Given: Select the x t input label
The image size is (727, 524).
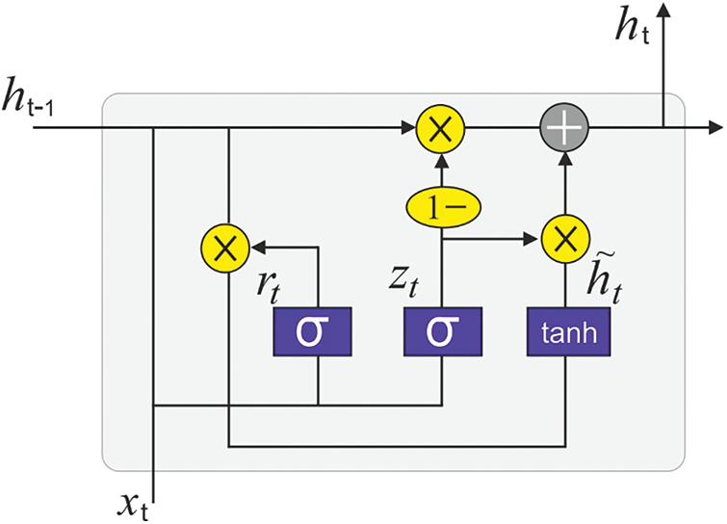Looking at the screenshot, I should point(134,502).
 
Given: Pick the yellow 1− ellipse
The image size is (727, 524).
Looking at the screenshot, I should point(440,205).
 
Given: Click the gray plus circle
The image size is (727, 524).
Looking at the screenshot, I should point(563,127).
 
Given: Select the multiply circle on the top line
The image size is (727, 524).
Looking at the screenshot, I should point(440,127).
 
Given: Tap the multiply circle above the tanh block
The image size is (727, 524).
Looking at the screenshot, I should point(563,236).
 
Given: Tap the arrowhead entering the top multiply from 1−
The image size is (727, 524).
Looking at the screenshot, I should point(440,158).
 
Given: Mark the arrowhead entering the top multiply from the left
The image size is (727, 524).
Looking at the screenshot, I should point(408,127).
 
